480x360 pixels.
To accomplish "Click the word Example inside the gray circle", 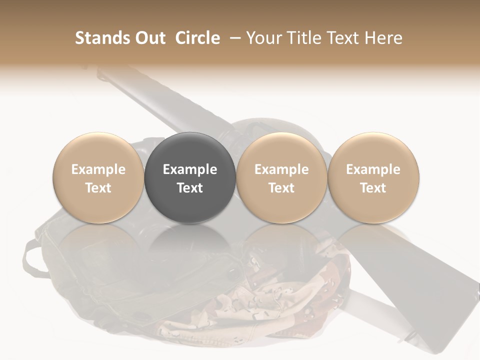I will [190, 169].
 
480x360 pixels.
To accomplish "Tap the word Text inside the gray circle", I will [190, 188].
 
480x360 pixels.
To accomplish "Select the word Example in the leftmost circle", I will [98, 169].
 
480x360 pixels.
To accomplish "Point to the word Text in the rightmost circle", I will [373, 188].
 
